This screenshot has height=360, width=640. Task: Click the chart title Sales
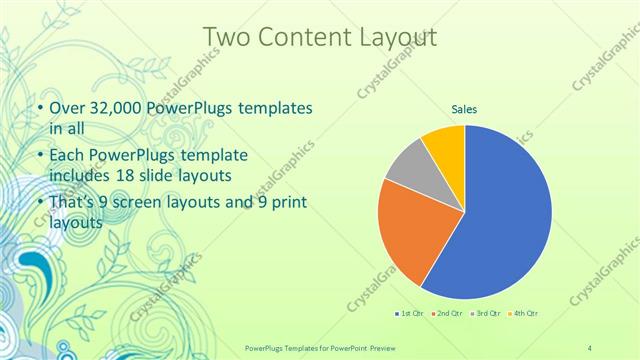tap(464, 109)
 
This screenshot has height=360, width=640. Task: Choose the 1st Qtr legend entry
tap(409, 315)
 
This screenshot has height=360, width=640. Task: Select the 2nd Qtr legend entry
tap(446, 315)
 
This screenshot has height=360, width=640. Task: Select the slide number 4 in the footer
tap(590, 346)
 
